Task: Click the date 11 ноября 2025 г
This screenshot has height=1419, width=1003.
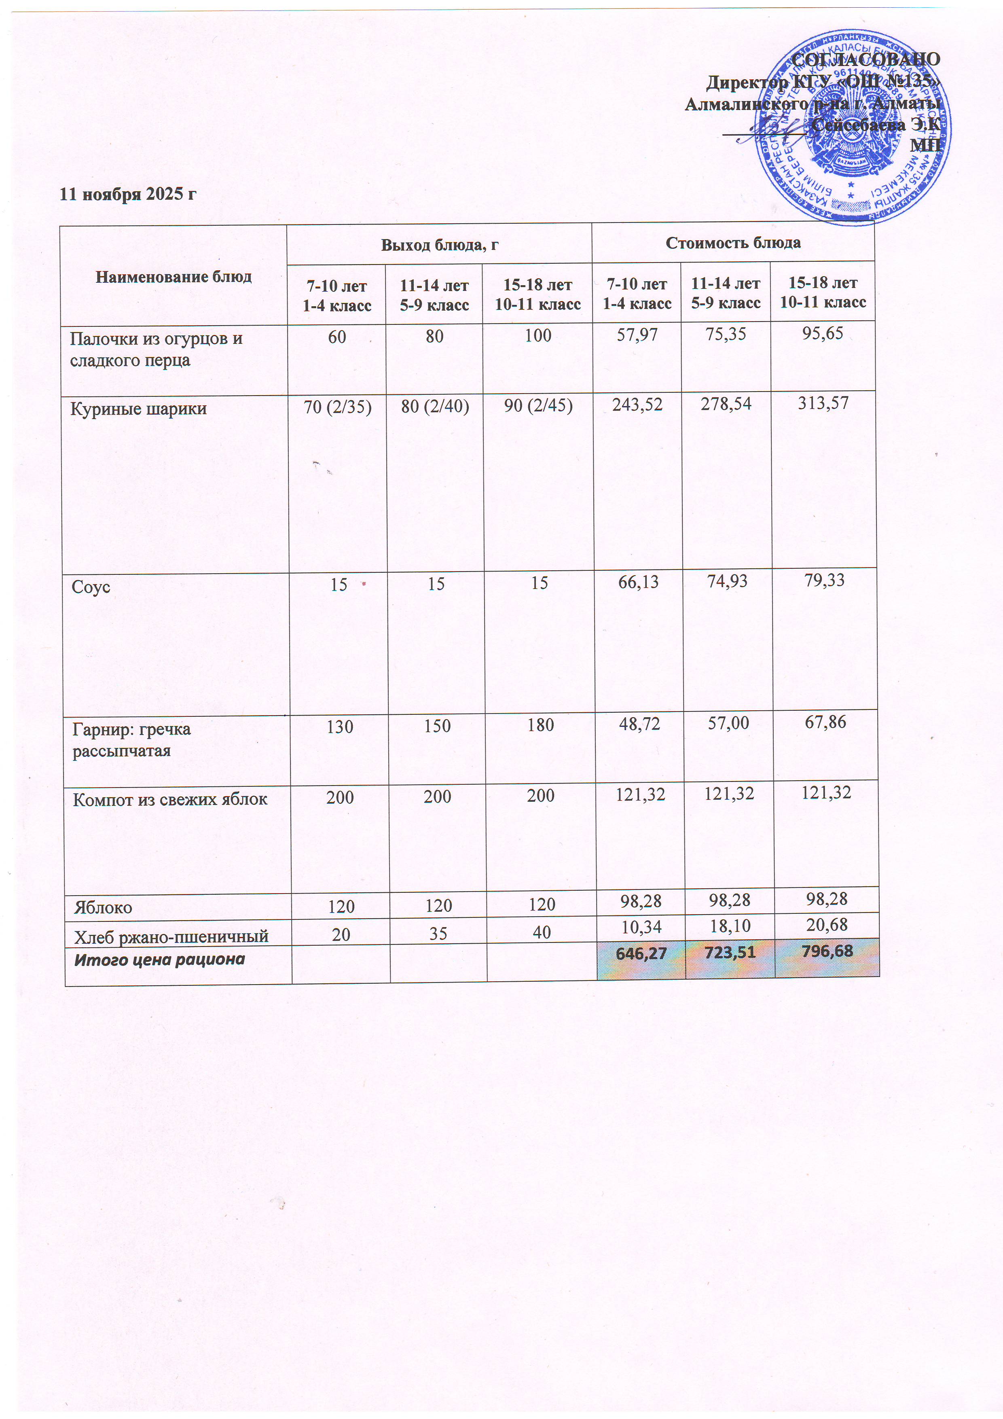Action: (x=128, y=194)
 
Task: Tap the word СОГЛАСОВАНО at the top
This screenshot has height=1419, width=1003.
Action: (x=866, y=59)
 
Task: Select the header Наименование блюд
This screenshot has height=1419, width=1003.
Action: (x=174, y=276)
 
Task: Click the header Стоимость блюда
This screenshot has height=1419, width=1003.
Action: (x=733, y=242)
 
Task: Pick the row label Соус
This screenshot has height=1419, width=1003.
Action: (x=91, y=587)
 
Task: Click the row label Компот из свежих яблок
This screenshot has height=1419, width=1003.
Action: (x=170, y=800)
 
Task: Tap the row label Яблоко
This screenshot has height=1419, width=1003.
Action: (x=103, y=907)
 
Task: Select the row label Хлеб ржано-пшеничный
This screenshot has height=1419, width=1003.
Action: (x=171, y=937)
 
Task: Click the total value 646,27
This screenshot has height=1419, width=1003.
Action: (x=641, y=954)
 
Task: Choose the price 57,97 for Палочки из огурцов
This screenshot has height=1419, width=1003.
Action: (x=637, y=335)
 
